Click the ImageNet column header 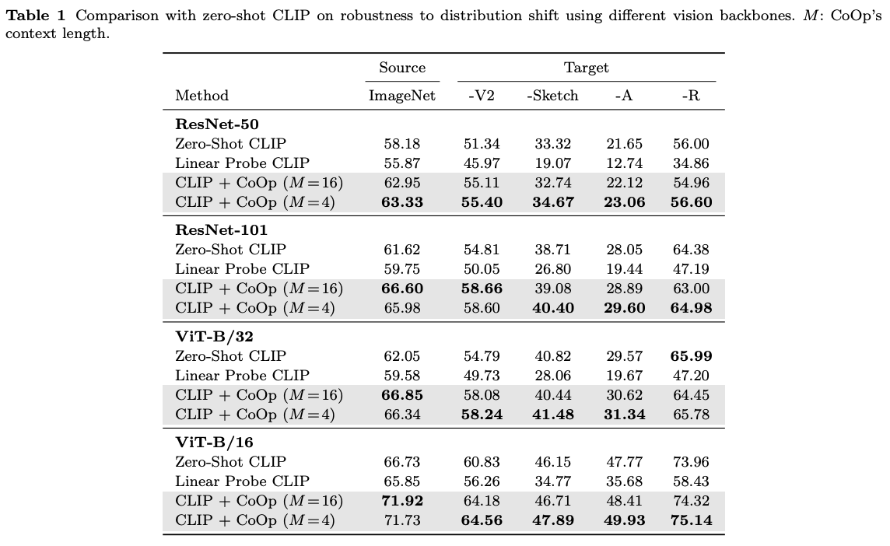pyautogui.click(x=402, y=96)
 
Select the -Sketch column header pyautogui.click(x=552, y=96)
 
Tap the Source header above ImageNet pyautogui.click(x=402, y=68)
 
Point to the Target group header pyautogui.click(x=586, y=68)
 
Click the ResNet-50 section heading pyautogui.click(x=217, y=124)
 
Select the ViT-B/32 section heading pyautogui.click(x=215, y=337)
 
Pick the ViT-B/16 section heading pyautogui.click(x=215, y=443)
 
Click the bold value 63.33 pyautogui.click(x=402, y=202)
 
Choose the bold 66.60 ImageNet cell pyautogui.click(x=402, y=289)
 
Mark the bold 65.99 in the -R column pyautogui.click(x=692, y=356)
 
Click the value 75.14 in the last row pyautogui.click(x=692, y=520)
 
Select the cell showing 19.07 pyautogui.click(x=552, y=163)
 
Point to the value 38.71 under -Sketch pyautogui.click(x=552, y=250)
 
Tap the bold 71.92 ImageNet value pyautogui.click(x=402, y=501)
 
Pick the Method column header pyautogui.click(x=202, y=96)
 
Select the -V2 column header pyautogui.click(x=482, y=96)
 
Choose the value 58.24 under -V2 pyautogui.click(x=482, y=415)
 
